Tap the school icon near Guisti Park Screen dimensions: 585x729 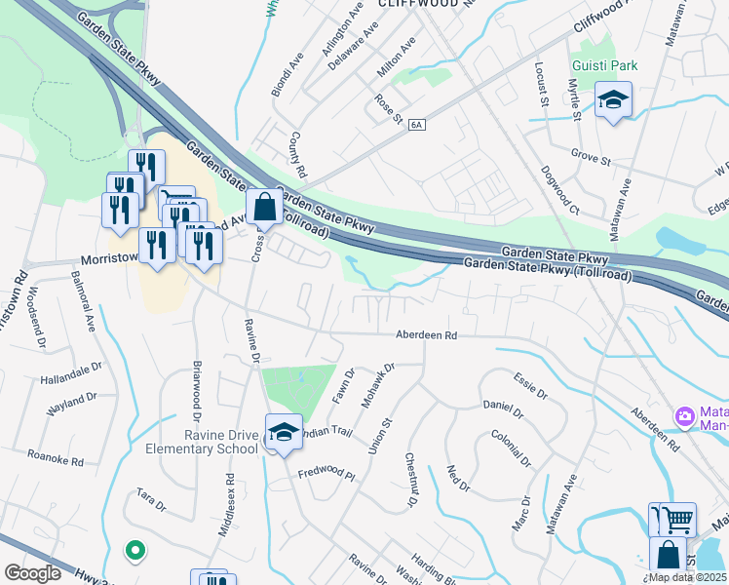(614, 100)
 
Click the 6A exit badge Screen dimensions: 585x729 (418, 125)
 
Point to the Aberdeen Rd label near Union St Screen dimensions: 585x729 (426, 334)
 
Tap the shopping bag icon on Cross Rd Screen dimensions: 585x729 (264, 207)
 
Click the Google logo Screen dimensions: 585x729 (32, 572)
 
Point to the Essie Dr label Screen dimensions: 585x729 (532, 386)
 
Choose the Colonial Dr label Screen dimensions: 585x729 (510, 448)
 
